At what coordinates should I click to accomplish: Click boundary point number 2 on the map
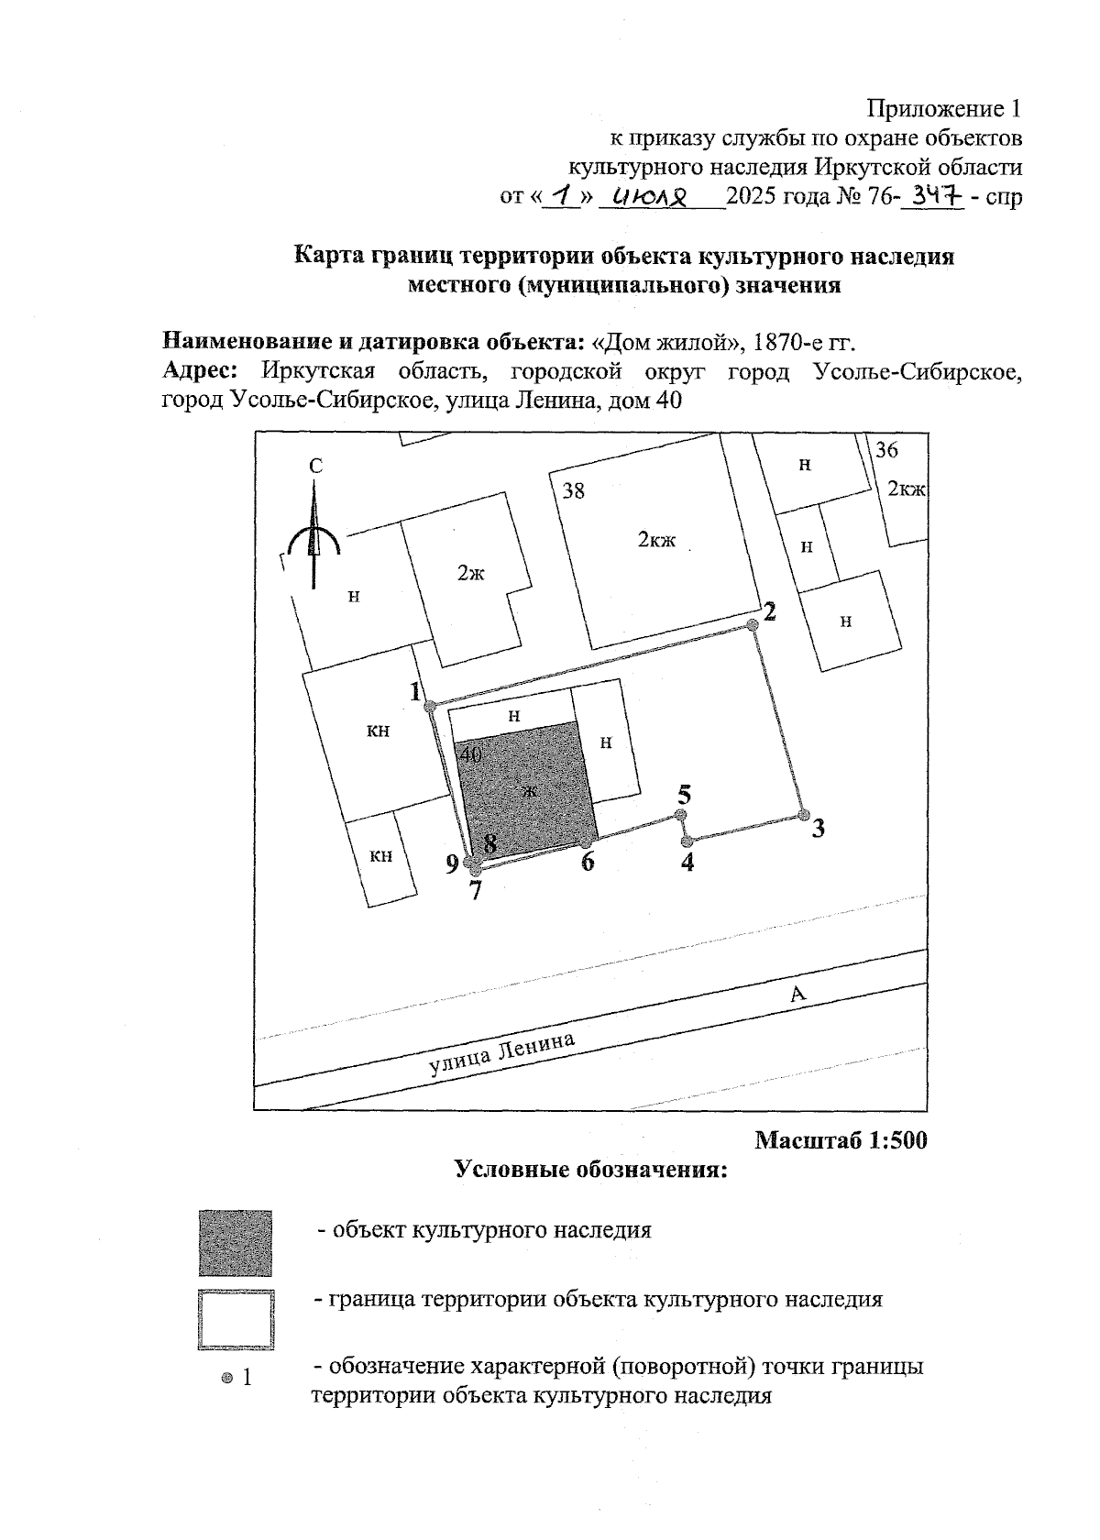pyautogui.click(x=753, y=624)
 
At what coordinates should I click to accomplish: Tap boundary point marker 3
pyautogui.click(x=804, y=815)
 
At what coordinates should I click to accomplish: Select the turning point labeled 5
pyautogui.click(x=680, y=815)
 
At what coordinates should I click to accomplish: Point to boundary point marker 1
pyautogui.click(x=429, y=704)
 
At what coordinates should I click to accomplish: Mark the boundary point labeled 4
pyautogui.click(x=686, y=841)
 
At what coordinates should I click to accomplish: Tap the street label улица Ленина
pyautogui.click(x=503, y=1054)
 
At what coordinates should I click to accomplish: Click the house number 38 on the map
pyautogui.click(x=574, y=491)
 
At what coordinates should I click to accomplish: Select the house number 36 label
pyautogui.click(x=886, y=450)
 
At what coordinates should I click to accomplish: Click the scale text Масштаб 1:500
pyautogui.click(x=841, y=1141)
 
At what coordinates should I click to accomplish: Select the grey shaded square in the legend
pyautogui.click(x=236, y=1243)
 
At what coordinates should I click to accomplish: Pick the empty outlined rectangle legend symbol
pyautogui.click(x=236, y=1320)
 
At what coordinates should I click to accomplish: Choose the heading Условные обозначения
pyautogui.click(x=591, y=1171)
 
